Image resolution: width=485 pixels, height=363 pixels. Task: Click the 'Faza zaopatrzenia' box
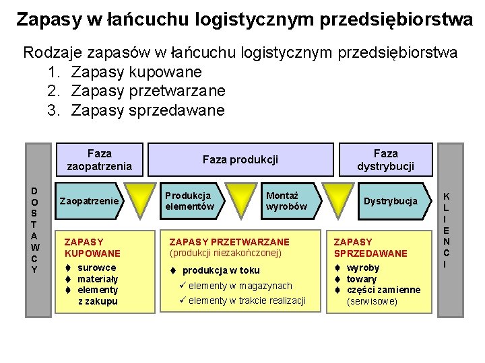99,159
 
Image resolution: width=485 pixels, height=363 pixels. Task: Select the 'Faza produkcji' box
240,160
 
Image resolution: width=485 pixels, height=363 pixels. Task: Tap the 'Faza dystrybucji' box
385,159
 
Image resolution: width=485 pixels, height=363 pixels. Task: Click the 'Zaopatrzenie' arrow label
89,201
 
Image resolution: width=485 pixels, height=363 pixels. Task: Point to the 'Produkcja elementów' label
189,201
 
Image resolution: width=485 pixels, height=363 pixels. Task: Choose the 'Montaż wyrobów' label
286,201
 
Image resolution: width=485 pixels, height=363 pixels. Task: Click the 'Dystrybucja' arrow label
390,201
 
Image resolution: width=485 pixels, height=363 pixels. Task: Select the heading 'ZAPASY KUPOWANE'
92,247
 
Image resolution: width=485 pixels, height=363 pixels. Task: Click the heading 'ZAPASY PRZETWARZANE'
229,241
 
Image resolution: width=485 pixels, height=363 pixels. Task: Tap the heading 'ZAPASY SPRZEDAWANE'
370,247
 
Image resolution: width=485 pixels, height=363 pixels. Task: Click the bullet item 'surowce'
96,268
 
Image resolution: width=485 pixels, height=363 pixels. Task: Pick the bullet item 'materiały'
98,279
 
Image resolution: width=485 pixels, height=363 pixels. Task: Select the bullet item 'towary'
362,279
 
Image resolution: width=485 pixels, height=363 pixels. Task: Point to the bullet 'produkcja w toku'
220,270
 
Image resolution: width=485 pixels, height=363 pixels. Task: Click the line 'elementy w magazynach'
240,286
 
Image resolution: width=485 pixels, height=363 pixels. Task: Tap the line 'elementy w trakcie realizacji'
247,300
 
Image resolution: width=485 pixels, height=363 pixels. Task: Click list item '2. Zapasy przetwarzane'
137,91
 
